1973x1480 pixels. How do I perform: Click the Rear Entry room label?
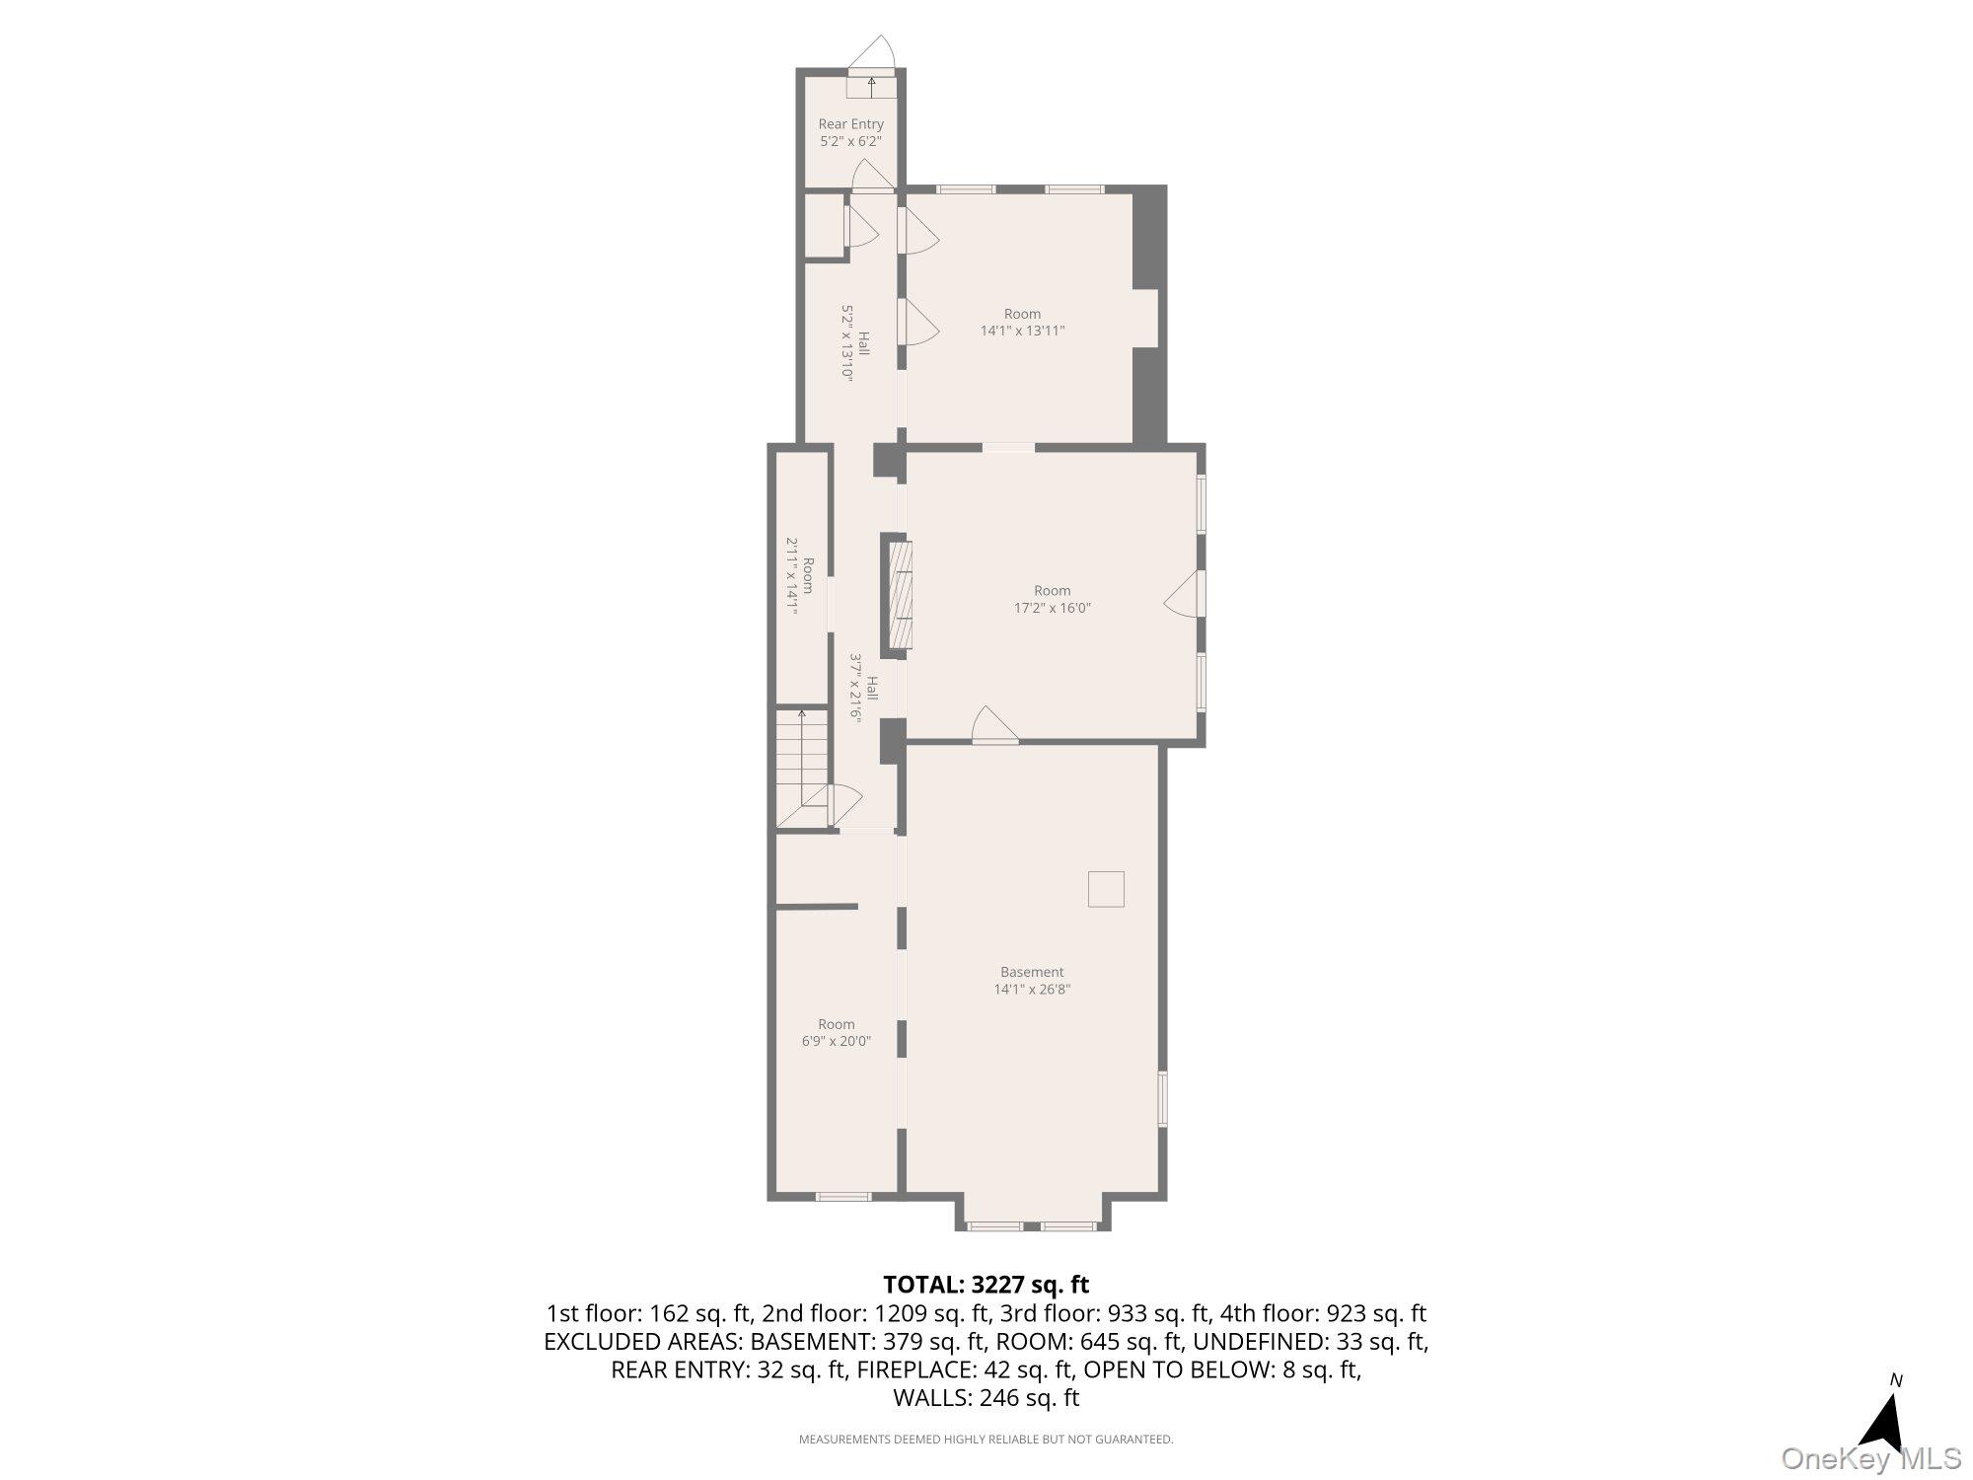pyautogui.click(x=850, y=124)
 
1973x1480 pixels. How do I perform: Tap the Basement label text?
pyautogui.click(x=1032, y=972)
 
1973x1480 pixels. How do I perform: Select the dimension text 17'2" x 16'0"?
pyautogui.click(x=1053, y=609)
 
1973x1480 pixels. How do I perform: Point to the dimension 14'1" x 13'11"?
pyautogui.click(x=1022, y=332)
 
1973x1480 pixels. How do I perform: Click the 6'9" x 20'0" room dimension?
pyautogui.click(x=836, y=1041)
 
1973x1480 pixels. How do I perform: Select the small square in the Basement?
pyautogui.click(x=1106, y=888)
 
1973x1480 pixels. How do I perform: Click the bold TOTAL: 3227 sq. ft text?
pyautogui.click(x=986, y=1285)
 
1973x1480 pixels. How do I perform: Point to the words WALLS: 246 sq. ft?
pyautogui.click(x=986, y=1397)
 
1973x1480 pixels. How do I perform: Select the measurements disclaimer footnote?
pyautogui.click(x=986, y=1440)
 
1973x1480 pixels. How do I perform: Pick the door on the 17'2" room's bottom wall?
pyautogui.click(x=993, y=725)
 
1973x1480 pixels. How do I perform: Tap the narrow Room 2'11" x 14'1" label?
pyautogui.click(x=800, y=587)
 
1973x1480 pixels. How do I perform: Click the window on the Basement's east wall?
pyautogui.click(x=1162, y=1098)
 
